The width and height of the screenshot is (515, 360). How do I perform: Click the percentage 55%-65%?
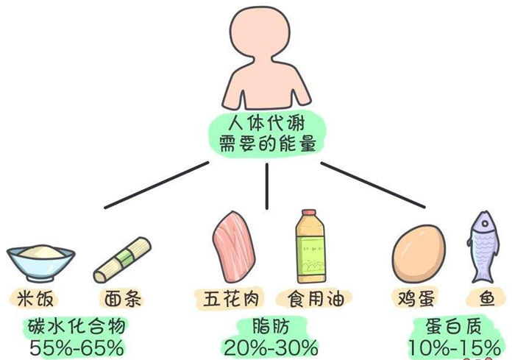77,345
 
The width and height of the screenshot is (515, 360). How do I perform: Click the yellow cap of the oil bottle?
308,213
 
